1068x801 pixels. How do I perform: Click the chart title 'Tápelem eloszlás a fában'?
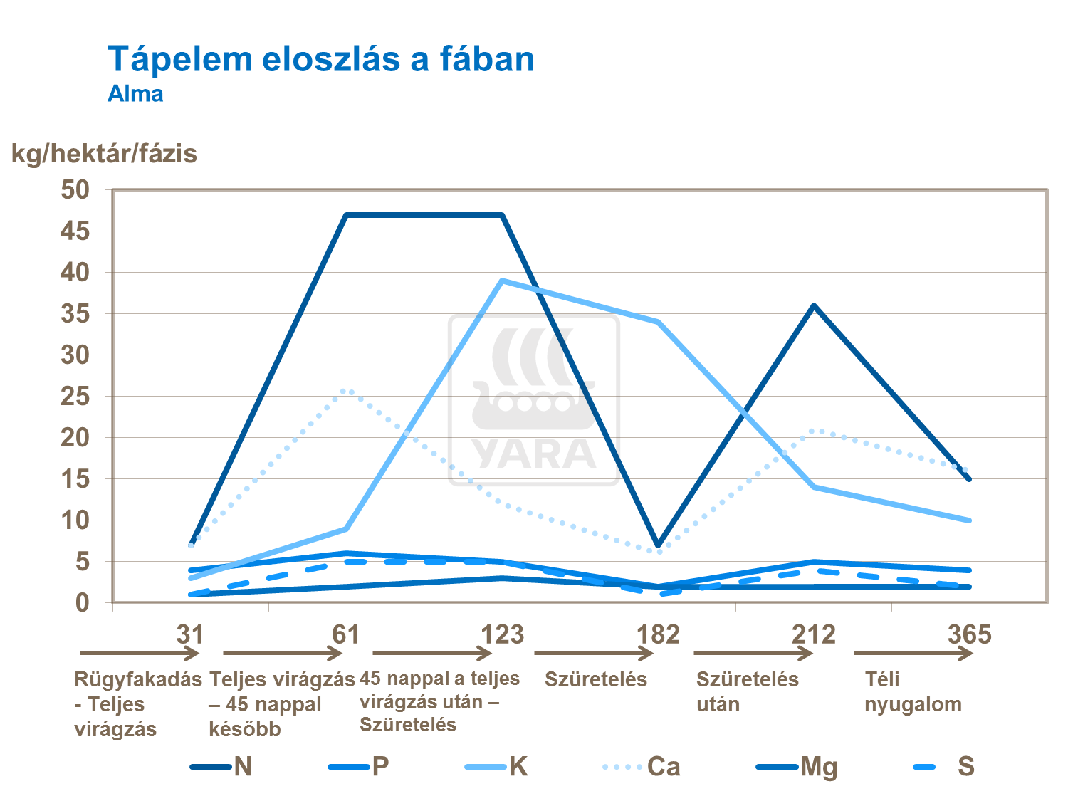(321, 59)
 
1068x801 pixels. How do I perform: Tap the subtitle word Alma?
(135, 94)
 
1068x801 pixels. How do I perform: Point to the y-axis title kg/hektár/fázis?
(104, 154)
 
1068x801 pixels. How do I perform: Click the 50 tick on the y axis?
(75, 189)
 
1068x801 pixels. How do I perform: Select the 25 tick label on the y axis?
(75, 396)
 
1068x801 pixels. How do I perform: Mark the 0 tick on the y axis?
(83, 602)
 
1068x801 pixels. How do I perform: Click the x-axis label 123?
(502, 634)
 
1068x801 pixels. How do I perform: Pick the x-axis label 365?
(969, 634)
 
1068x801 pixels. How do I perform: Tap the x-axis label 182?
(658, 634)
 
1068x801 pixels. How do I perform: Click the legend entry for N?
(221, 767)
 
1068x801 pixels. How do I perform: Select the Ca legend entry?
(642, 767)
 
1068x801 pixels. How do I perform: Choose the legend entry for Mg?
(797, 767)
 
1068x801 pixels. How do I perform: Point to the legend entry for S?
(943, 767)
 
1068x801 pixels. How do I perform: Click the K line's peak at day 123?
(502, 281)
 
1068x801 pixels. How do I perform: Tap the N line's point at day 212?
(814, 305)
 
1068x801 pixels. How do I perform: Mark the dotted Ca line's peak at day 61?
(346, 390)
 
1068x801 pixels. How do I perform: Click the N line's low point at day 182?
(658, 545)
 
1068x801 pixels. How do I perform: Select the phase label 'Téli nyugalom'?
(913, 691)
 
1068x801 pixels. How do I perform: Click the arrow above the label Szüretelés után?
(753, 653)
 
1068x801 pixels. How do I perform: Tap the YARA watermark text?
(534, 454)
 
